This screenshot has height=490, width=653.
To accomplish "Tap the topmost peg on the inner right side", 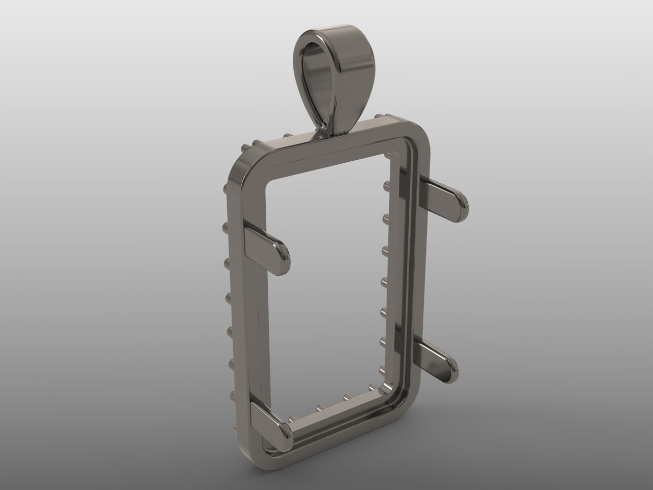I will tap(386, 182).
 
